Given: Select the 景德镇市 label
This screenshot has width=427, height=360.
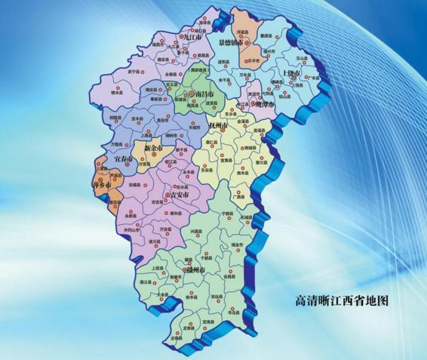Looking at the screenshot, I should point(231,43).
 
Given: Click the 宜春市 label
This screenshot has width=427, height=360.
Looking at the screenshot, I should point(123,161).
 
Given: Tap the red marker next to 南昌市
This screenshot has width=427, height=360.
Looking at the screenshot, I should point(192,94).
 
